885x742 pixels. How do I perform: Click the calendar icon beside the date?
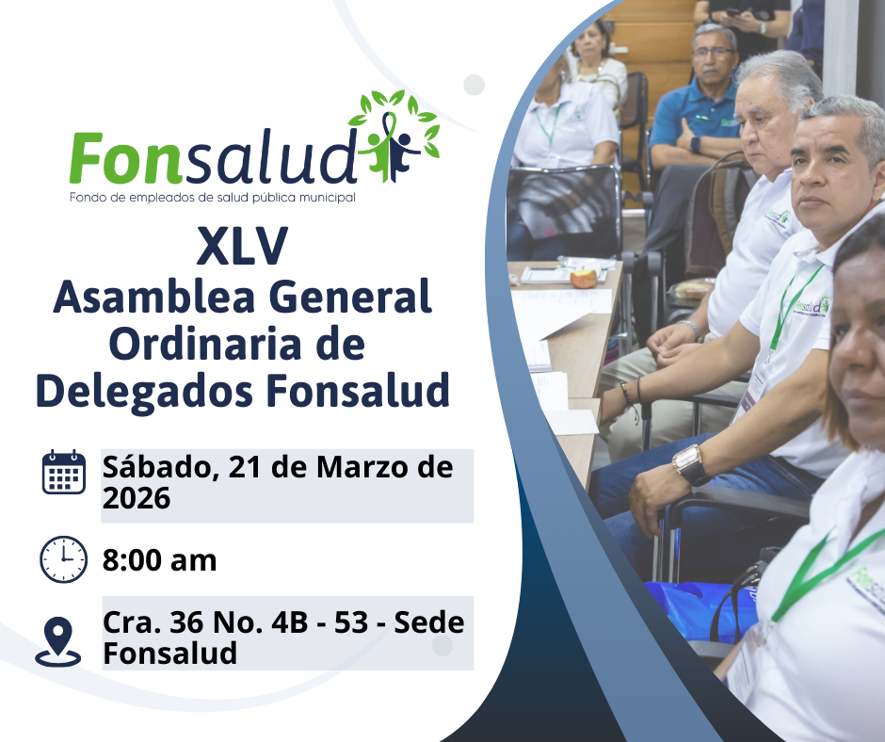pyautogui.click(x=64, y=472)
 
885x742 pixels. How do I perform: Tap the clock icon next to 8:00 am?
pyautogui.click(x=63, y=559)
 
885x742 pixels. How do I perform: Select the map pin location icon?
pyautogui.click(x=58, y=642)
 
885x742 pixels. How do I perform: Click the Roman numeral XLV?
pyautogui.click(x=242, y=246)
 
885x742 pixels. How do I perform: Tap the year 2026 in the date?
pyautogui.click(x=136, y=498)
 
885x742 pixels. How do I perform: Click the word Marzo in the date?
pyautogui.click(x=362, y=468)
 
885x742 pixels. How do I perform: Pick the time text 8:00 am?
pyautogui.click(x=159, y=560)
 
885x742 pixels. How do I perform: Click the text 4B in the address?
pyautogui.click(x=290, y=622)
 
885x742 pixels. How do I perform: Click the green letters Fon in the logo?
pyautogui.click(x=126, y=158)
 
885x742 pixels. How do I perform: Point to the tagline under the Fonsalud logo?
pyautogui.click(x=213, y=198)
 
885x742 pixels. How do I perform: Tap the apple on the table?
pyautogui.click(x=584, y=279)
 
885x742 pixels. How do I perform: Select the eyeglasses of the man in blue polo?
pyautogui.click(x=713, y=53)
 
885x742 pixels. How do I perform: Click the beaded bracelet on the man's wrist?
pyautogui.click(x=626, y=395)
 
